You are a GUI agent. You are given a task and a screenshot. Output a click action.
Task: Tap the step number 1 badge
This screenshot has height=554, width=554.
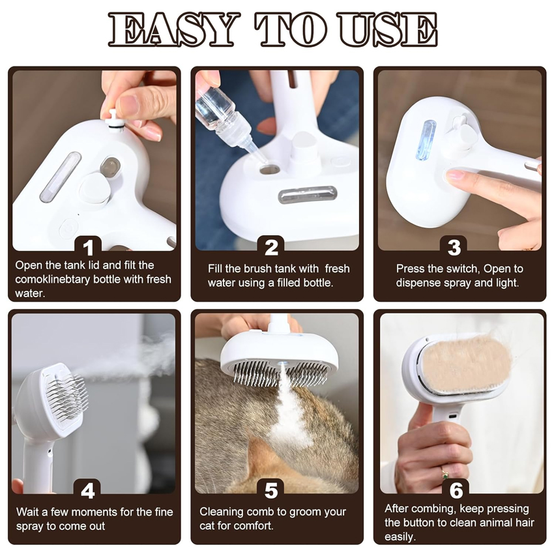click(x=89, y=248)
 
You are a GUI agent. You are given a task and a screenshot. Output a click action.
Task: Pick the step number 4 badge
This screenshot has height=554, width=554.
click(x=89, y=490)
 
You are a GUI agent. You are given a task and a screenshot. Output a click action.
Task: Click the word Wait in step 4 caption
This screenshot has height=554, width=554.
click(x=29, y=512)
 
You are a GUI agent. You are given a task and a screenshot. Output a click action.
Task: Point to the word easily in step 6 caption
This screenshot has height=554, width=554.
click(x=400, y=537)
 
